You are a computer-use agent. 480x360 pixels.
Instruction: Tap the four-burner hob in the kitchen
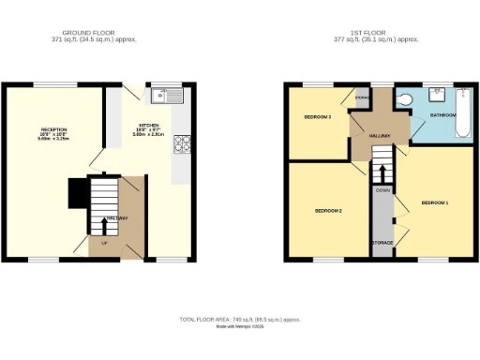(181, 143)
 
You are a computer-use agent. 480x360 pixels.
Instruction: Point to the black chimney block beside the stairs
(77, 194)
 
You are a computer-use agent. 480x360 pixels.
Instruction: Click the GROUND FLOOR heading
(93, 32)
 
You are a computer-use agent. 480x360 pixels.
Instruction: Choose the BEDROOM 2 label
(327, 211)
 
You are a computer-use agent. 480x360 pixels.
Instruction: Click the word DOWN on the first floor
(382, 190)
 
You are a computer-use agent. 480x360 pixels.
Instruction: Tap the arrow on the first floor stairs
(382, 172)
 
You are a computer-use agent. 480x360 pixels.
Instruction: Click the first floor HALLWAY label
(379, 137)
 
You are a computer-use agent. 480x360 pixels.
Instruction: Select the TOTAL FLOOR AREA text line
(240, 320)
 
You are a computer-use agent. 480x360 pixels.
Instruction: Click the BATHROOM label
(442, 115)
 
